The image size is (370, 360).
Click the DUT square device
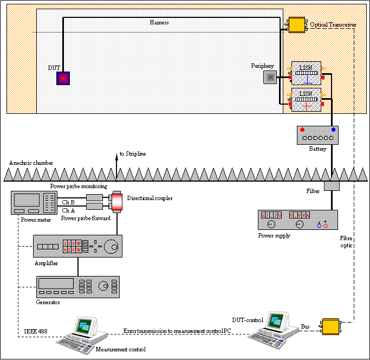[63, 79]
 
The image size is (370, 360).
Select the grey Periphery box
[269, 78]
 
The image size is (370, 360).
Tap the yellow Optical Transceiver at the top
[296, 24]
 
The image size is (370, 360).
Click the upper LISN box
[306, 72]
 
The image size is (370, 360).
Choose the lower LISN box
[306, 99]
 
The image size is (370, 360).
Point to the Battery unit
[317, 135]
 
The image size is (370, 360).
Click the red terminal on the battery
[303, 130]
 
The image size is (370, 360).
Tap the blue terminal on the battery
[333, 130]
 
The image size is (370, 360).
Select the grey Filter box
[332, 186]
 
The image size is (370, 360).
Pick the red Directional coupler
[116, 201]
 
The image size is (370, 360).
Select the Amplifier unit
[77, 246]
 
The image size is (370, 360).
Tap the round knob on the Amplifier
[111, 246]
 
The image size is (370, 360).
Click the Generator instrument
[77, 285]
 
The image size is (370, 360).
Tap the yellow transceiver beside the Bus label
[330, 327]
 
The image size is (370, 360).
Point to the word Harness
[159, 22]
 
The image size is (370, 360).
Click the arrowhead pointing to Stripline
[116, 156]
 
